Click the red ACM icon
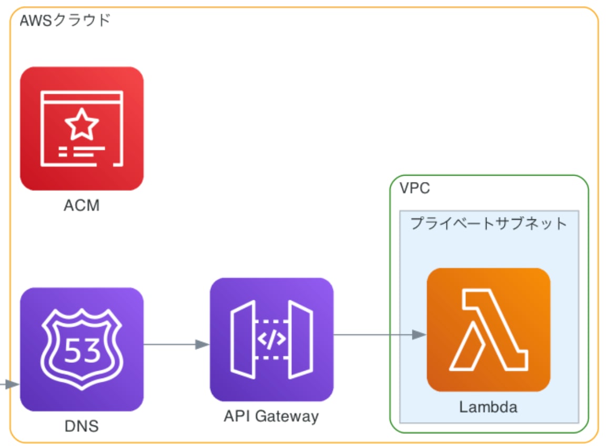[x=82, y=128]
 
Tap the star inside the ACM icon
[x=82, y=124]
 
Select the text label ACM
[x=82, y=206]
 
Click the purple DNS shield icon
[x=82, y=349]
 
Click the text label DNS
[x=82, y=425]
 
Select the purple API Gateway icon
[x=271, y=339]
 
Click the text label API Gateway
[x=271, y=416]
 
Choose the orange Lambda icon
[x=489, y=330]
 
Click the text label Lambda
[x=488, y=407]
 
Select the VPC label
[x=414, y=188]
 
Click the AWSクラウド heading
[x=65, y=21]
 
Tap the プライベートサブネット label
[x=489, y=223]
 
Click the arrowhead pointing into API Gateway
[x=202, y=344]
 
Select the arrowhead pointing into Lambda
[x=419, y=334]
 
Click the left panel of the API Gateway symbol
[x=242, y=340]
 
